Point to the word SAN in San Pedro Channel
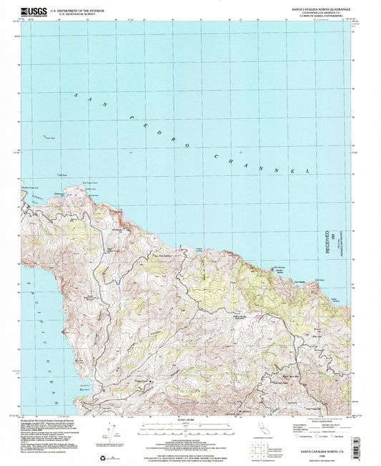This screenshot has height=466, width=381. [x=83, y=99]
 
